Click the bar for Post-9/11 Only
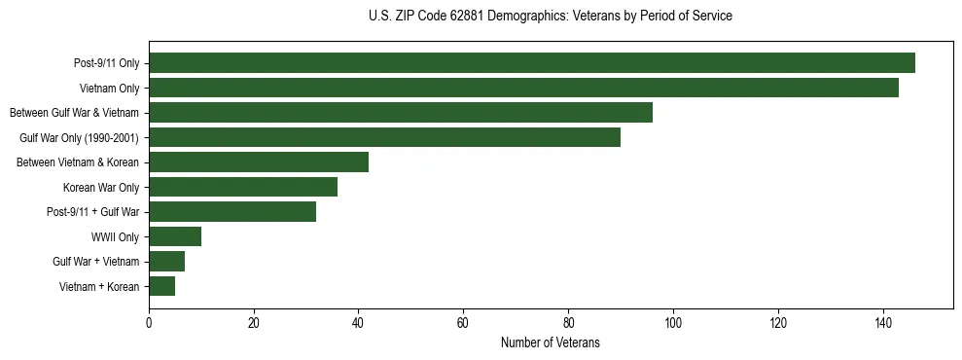(532, 63)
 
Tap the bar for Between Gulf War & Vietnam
(401, 113)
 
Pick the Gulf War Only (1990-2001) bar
(384, 137)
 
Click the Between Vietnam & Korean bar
(259, 162)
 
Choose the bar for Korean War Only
(243, 187)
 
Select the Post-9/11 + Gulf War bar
(232, 212)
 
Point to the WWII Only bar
(175, 236)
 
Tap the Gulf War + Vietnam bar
(167, 262)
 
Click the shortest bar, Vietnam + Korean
(161, 286)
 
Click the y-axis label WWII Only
(115, 236)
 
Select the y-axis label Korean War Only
(101, 187)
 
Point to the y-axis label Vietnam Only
(109, 88)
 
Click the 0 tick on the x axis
(149, 323)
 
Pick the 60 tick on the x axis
(463, 323)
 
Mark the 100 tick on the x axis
(673, 323)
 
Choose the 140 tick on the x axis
(883, 323)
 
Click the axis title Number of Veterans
(550, 343)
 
